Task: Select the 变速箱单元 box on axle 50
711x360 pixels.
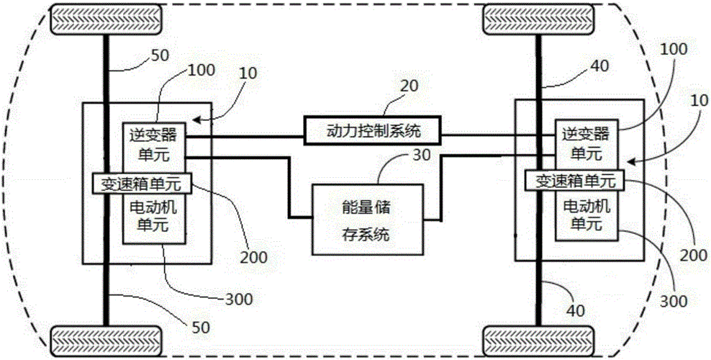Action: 141,183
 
